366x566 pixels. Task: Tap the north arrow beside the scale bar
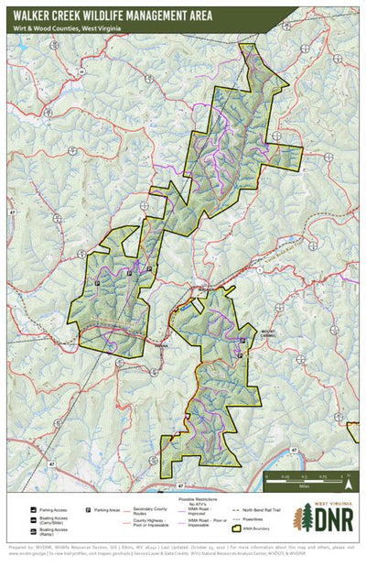point(266,475)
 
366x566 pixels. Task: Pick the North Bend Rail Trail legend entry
point(260,506)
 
